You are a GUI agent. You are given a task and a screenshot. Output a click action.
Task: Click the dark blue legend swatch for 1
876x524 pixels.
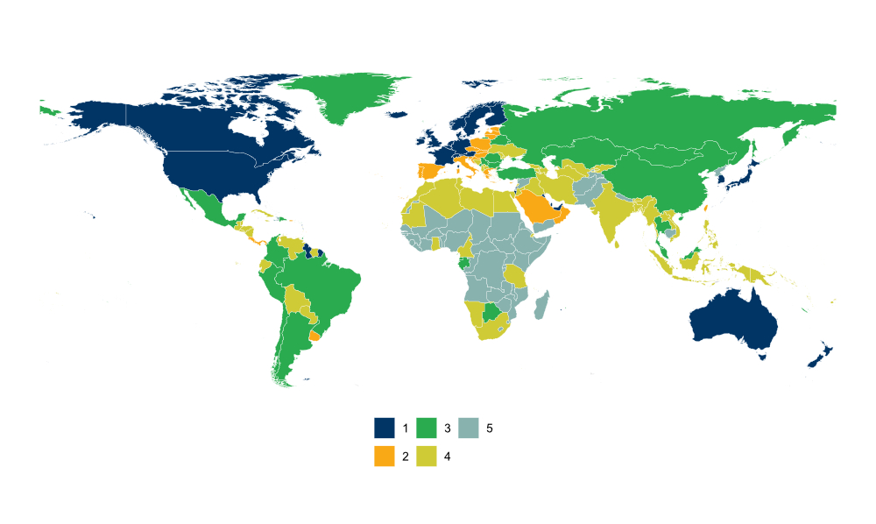click(384, 428)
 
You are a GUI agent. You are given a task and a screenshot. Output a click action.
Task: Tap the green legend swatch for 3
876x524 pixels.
click(426, 428)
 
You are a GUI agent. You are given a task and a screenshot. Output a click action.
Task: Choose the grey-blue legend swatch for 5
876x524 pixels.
click(468, 428)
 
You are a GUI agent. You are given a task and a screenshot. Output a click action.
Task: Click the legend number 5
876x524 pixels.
click(490, 428)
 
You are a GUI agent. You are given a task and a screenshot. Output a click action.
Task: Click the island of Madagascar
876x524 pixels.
click(541, 307)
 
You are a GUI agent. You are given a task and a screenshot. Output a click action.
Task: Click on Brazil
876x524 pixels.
click(328, 285)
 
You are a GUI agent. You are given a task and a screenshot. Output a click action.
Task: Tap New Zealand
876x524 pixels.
click(820, 358)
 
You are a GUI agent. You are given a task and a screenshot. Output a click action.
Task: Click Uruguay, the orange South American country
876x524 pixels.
click(314, 336)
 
